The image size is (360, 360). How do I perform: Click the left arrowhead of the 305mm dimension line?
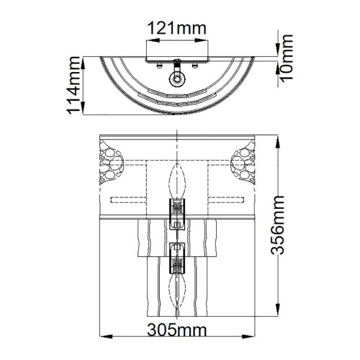click(x=101, y=338)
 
